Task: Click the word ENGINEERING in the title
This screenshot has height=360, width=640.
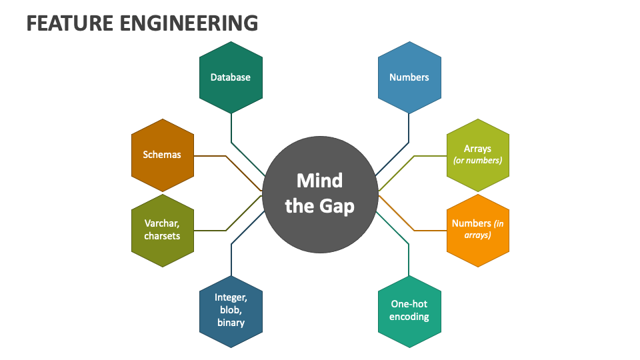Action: click(x=189, y=23)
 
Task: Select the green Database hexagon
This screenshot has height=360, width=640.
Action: click(x=231, y=77)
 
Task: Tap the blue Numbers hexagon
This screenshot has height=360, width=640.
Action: click(x=409, y=77)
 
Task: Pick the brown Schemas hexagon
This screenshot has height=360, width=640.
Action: click(x=163, y=155)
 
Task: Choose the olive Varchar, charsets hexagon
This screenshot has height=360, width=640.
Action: click(x=163, y=230)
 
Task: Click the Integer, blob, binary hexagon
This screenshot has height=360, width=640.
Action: click(x=231, y=311)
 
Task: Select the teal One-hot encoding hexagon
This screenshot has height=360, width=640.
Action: click(x=409, y=311)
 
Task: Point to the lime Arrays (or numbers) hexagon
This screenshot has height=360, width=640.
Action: click(x=477, y=155)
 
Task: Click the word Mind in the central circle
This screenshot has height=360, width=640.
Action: click(x=319, y=181)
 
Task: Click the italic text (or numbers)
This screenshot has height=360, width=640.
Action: click(x=477, y=161)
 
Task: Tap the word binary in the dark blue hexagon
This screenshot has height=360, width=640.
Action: click(x=231, y=323)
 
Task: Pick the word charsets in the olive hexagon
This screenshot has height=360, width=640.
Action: click(x=163, y=236)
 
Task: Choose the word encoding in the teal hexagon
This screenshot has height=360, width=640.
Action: click(x=409, y=317)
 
